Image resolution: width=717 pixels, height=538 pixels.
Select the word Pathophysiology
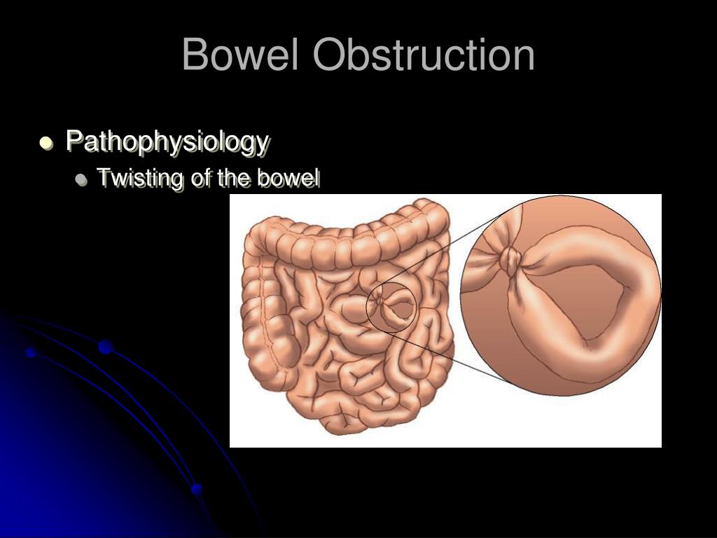pos(167,142)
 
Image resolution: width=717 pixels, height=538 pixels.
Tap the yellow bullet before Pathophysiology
pos(46,143)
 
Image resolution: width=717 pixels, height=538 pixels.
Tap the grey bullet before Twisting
pos(82,179)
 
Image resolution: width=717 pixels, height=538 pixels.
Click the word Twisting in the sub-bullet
pos(141,179)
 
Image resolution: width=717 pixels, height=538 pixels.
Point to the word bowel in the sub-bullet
pos(288,178)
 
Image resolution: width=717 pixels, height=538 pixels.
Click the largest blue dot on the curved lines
pos(106,347)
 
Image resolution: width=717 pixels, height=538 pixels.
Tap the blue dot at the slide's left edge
pos(31,352)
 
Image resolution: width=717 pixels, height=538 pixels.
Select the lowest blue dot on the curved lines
pos(197,488)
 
